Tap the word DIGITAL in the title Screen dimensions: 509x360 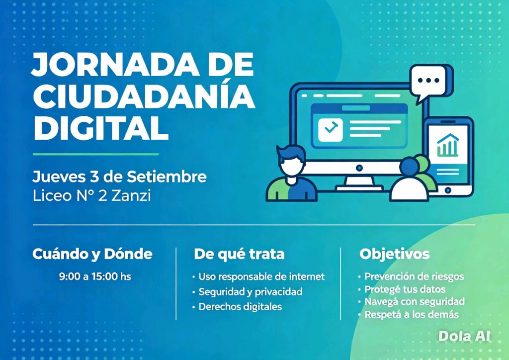pos(100,128)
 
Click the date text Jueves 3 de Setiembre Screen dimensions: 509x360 pos(119,177)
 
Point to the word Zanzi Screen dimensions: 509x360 pos(131,196)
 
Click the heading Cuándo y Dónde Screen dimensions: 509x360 pos(92,254)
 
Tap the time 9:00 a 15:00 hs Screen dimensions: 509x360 pos(95,276)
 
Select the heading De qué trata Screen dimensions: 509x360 pos(239,254)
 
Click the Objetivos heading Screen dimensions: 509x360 pos(394,254)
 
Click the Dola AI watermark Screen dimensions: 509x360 pos(464,336)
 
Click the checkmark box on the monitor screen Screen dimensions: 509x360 pos(330,130)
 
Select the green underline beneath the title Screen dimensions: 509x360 pos(96,154)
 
